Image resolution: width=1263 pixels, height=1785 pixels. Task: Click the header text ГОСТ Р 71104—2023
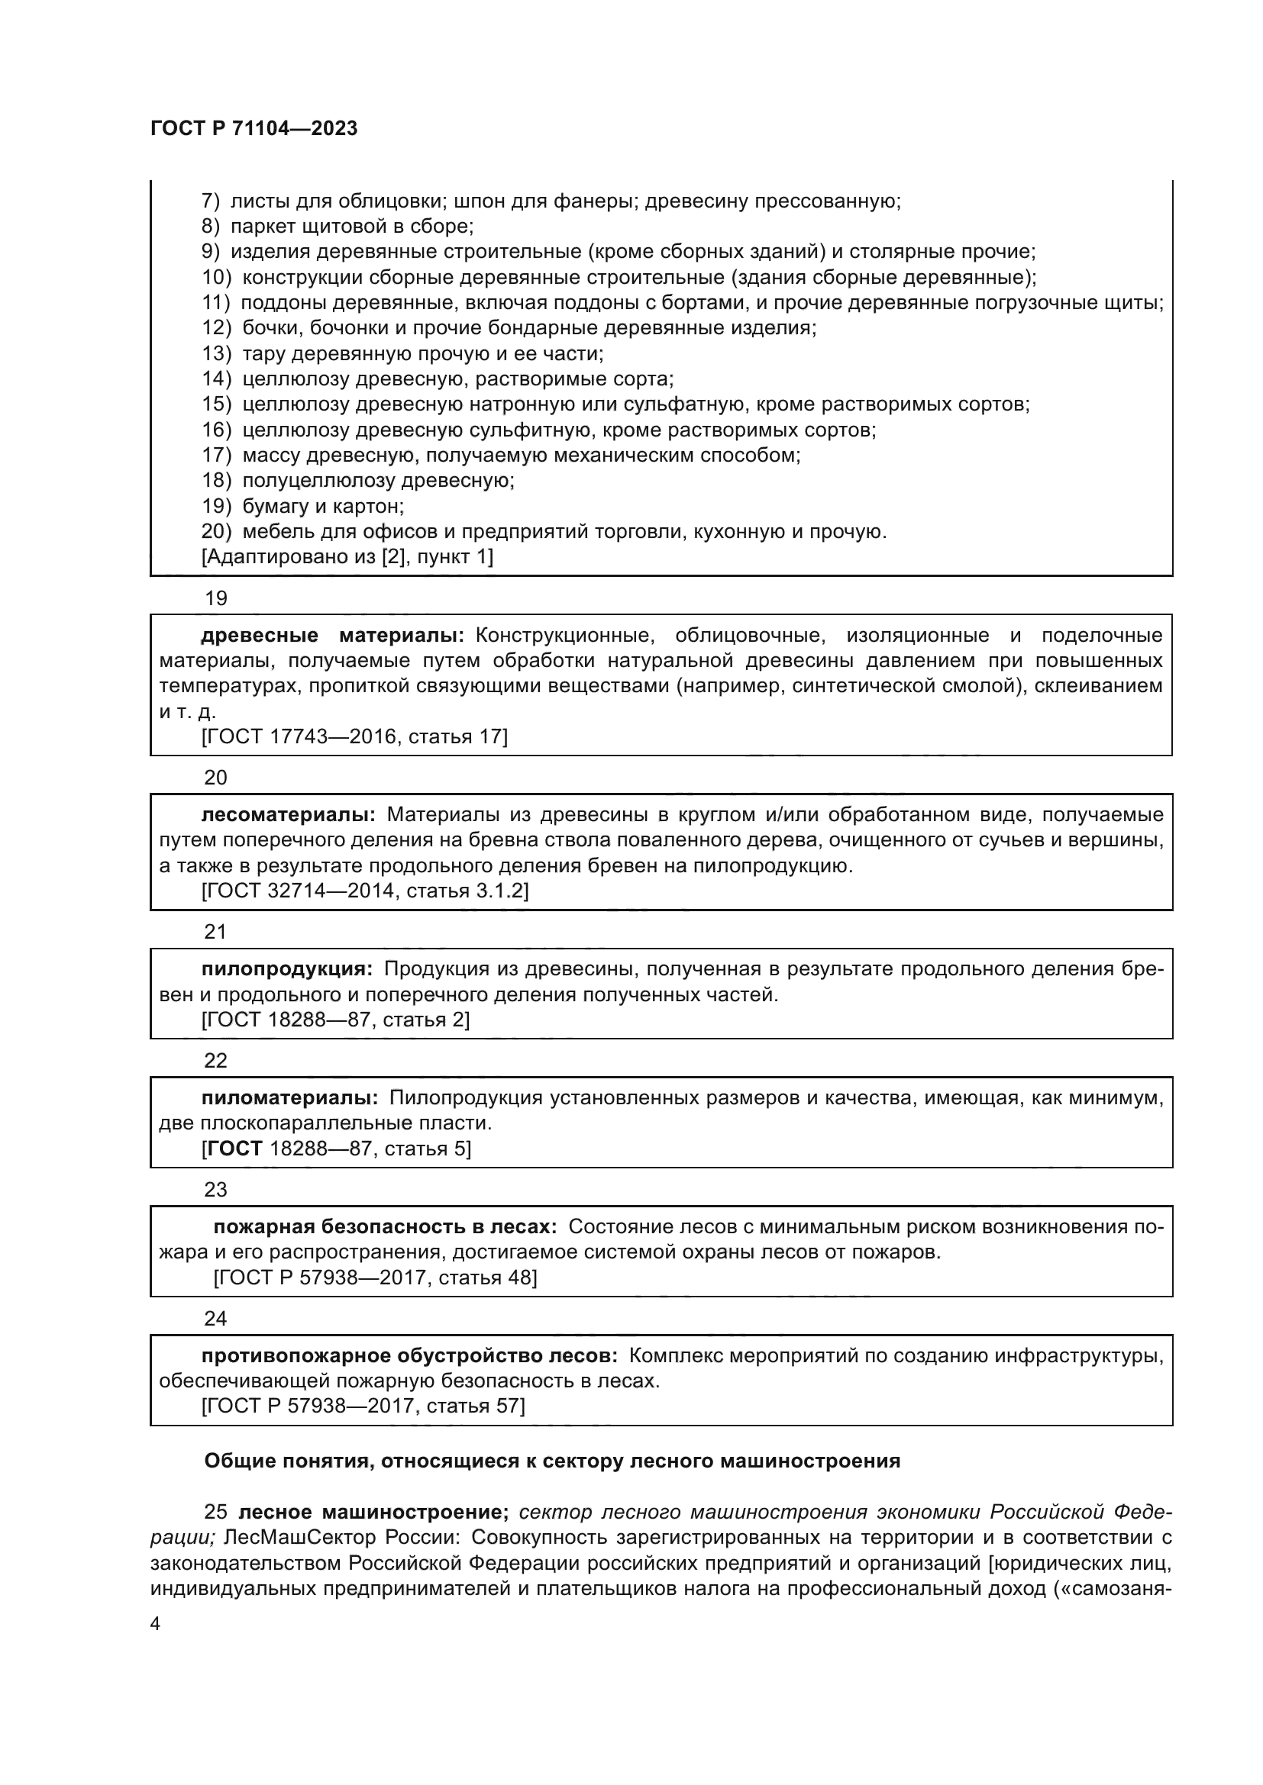point(254,129)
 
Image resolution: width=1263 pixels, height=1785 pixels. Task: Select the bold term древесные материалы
point(332,635)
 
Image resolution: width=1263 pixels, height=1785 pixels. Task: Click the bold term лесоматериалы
point(288,815)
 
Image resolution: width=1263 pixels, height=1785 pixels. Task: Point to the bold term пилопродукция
point(286,968)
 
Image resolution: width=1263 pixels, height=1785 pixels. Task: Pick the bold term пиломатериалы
point(289,1097)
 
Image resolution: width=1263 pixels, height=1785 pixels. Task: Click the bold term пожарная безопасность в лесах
point(385,1227)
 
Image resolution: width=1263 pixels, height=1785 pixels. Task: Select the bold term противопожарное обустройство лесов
point(409,1356)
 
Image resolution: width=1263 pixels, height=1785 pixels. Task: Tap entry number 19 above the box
point(215,598)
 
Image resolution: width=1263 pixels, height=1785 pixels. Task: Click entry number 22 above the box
point(215,1061)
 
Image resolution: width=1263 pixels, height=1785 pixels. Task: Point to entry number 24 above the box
point(215,1319)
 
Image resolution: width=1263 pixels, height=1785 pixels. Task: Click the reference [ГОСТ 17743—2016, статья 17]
point(354,736)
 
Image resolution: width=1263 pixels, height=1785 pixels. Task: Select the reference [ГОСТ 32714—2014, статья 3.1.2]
point(365,891)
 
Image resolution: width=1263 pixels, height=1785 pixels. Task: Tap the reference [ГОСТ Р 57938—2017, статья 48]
point(375,1278)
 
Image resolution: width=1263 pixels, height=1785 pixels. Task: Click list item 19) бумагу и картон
point(302,506)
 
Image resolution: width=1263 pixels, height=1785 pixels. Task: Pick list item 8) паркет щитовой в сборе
point(338,226)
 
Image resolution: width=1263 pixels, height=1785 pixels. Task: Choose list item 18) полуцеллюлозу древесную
point(357,481)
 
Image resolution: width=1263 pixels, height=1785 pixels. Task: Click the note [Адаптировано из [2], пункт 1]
point(347,556)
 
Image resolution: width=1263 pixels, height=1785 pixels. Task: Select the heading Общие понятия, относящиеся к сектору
point(551,1461)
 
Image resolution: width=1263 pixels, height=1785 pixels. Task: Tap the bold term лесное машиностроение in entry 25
point(373,1512)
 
